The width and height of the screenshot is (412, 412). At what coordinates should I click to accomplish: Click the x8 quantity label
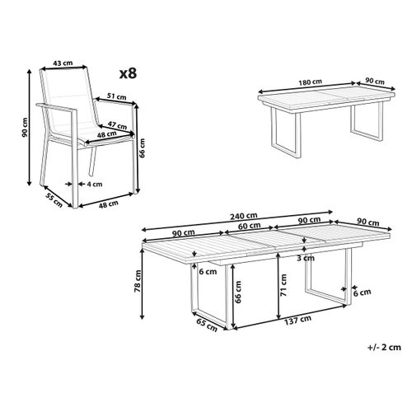[x=128, y=73]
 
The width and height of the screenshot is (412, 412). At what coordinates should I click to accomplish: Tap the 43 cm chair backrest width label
[x=63, y=63]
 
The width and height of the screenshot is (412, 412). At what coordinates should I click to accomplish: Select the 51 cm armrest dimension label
[x=117, y=96]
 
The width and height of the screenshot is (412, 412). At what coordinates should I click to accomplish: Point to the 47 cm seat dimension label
[x=117, y=125]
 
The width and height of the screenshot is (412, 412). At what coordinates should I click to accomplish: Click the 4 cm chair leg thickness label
[x=95, y=184]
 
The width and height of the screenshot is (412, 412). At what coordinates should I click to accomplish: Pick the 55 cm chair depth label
[x=54, y=200]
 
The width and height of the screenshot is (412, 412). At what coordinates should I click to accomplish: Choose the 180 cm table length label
[x=311, y=82]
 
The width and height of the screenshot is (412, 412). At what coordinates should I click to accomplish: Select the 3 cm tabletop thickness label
[x=306, y=258]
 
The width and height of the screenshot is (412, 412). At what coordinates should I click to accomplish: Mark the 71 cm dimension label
[x=283, y=285]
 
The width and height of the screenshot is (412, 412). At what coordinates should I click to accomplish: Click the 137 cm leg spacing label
[x=297, y=321]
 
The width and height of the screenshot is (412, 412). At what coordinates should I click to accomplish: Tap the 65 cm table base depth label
[x=207, y=325]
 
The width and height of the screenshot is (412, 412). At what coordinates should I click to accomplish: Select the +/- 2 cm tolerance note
[x=384, y=347]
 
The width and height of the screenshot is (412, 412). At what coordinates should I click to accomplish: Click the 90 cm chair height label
[x=26, y=127]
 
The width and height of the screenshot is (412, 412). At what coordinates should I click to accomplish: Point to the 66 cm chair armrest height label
[x=142, y=147]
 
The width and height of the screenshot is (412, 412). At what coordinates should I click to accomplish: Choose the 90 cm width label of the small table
[x=375, y=82]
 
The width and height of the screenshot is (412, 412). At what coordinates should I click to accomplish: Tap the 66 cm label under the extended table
[x=238, y=292]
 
